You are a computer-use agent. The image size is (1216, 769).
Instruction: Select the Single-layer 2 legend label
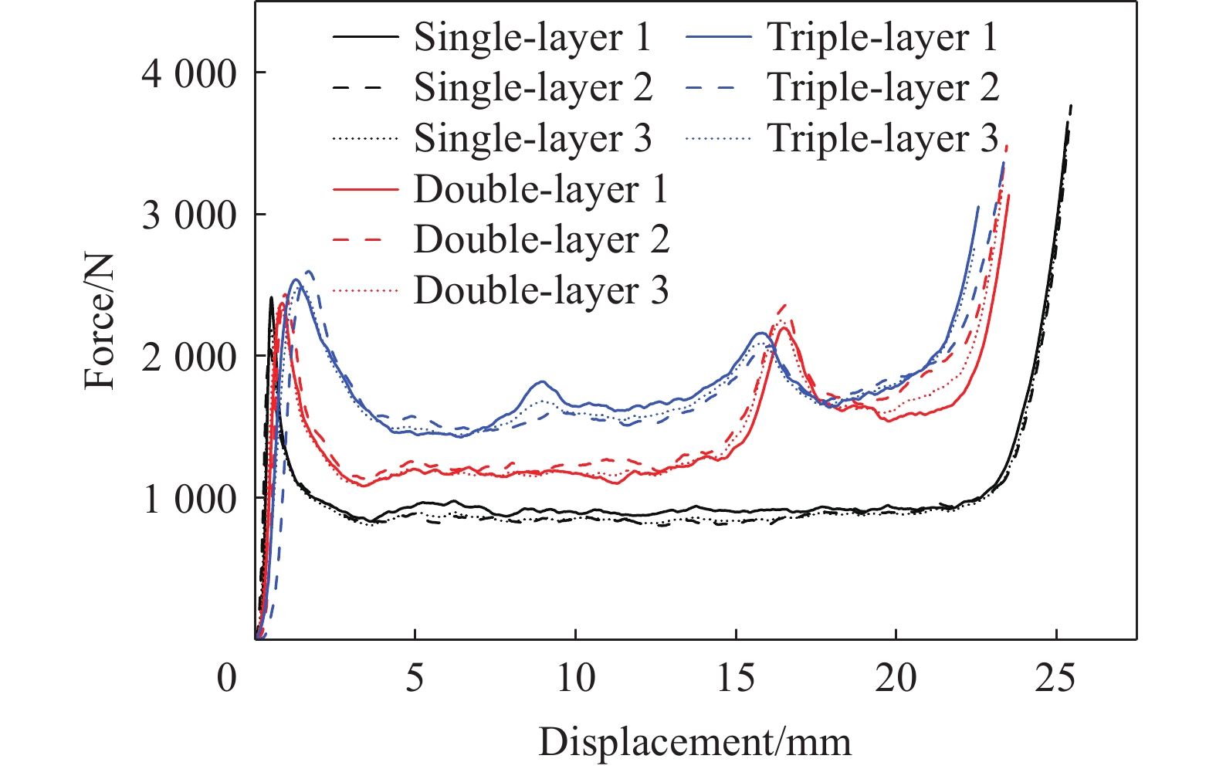(x=533, y=88)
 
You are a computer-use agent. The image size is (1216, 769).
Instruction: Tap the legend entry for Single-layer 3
(x=533, y=139)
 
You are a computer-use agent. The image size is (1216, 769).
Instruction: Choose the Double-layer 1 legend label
(x=540, y=190)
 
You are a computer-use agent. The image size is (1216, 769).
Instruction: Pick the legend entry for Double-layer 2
(x=541, y=240)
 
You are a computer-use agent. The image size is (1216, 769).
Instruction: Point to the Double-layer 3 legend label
(x=540, y=291)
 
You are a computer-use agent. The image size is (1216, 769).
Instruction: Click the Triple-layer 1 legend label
(x=882, y=38)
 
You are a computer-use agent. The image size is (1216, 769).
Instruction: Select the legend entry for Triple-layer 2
(x=882, y=88)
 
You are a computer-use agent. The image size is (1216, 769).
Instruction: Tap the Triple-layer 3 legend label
(x=882, y=139)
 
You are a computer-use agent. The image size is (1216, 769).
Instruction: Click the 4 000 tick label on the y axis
(x=188, y=74)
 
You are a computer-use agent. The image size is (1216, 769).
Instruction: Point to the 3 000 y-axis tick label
(x=188, y=216)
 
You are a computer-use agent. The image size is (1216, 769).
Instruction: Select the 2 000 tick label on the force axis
(x=188, y=357)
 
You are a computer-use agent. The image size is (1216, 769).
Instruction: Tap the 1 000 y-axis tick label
(x=188, y=500)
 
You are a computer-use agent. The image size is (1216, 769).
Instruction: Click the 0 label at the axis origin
(x=227, y=679)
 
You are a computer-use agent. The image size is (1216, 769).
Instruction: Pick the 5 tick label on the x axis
(x=415, y=679)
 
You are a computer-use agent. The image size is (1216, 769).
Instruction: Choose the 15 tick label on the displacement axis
(x=735, y=679)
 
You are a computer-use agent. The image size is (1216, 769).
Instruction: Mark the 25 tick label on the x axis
(x=1055, y=679)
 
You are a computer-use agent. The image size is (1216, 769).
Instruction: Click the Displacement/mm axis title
(x=695, y=742)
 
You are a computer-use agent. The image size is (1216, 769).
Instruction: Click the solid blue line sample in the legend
(x=717, y=38)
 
